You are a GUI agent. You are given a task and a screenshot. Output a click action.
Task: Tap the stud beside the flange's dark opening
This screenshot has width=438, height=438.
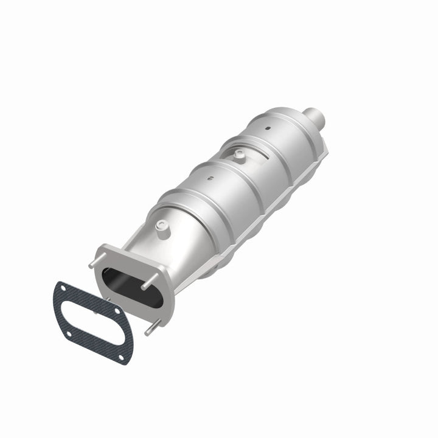point(148,285)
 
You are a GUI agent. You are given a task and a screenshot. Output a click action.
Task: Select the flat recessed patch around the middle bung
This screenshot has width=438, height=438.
point(249,159)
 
